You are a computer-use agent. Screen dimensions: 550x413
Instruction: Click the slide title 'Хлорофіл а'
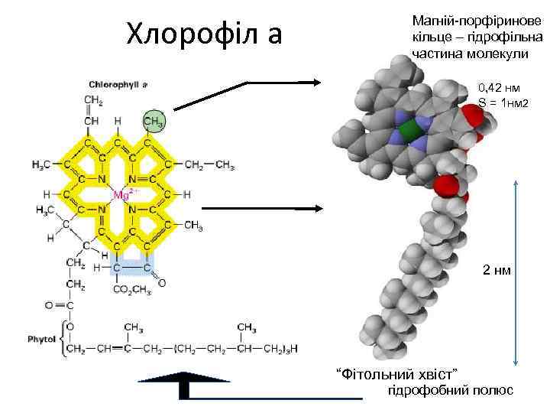tap(204, 34)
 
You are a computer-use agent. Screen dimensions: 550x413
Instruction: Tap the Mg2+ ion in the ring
tap(122, 194)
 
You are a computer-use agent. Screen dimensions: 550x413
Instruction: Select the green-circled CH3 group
tap(154, 121)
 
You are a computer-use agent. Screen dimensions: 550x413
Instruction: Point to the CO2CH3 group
tap(132, 289)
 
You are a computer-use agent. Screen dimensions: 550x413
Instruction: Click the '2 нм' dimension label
tap(497, 270)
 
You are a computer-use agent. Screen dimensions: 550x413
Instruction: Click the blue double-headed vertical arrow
tap(517, 272)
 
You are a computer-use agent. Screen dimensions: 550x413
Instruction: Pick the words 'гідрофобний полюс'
tap(451, 390)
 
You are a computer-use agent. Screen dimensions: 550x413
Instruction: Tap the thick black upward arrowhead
tap(183, 379)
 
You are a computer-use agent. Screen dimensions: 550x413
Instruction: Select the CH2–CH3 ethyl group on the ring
tap(209, 164)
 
